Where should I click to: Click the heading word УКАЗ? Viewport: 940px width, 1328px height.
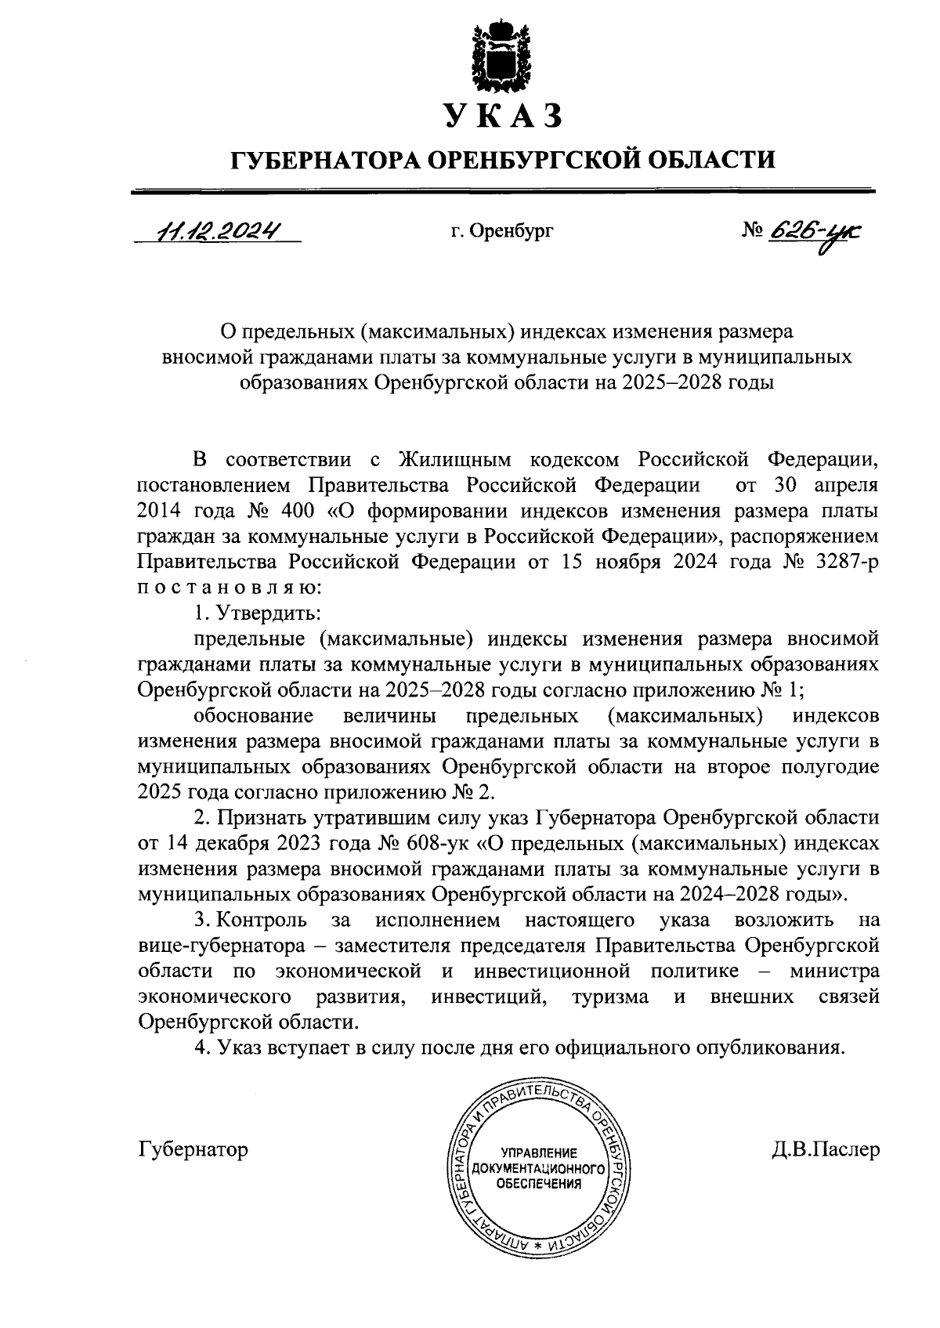[502, 115]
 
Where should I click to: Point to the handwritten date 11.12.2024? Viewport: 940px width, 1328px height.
[219, 231]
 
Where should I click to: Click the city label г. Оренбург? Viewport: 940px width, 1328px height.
[501, 232]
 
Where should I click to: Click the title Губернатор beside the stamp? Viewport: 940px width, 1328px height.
[192, 1149]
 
